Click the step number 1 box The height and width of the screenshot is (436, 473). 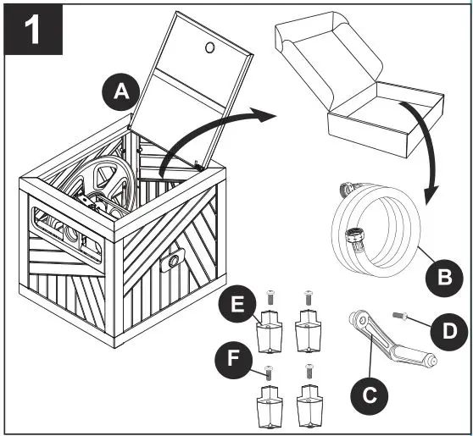33,30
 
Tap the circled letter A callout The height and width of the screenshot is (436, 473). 121,91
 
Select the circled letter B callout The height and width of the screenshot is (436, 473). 444,277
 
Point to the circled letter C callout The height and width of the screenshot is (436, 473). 370,395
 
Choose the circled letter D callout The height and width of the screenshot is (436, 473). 449,331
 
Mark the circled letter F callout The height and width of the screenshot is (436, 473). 233,360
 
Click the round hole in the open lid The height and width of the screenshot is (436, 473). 210,47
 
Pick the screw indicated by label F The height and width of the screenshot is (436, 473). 267,373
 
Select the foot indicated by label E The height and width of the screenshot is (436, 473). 269,331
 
